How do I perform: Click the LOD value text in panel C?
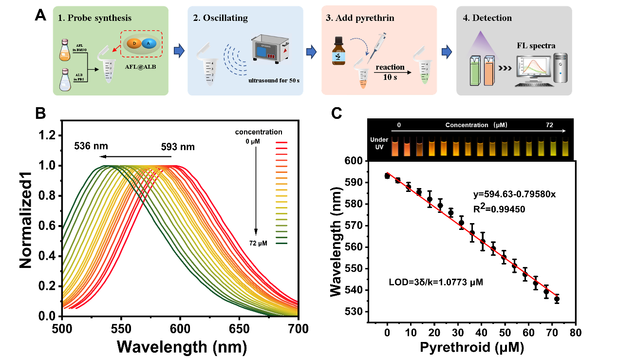(x=435, y=282)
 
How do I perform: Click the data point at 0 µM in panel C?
(x=387, y=176)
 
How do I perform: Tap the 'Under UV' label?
(x=379, y=143)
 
